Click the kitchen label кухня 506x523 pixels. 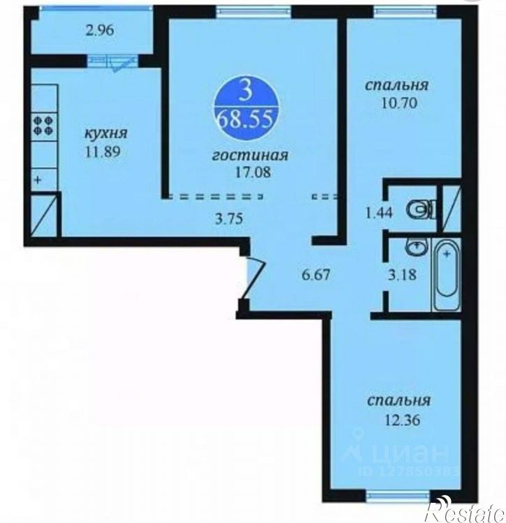click(x=106, y=134)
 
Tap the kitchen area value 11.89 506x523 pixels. click(x=103, y=152)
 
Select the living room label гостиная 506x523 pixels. click(x=250, y=156)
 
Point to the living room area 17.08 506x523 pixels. click(x=252, y=172)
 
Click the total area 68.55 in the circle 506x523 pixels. click(x=246, y=120)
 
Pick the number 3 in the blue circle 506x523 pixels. click(x=246, y=93)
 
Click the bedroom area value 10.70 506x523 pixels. click(x=399, y=103)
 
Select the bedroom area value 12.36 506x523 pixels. click(x=403, y=420)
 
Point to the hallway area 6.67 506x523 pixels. click(x=315, y=275)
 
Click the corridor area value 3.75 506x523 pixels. click(x=229, y=219)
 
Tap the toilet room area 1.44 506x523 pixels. click(x=379, y=213)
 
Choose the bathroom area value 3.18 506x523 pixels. click(x=403, y=275)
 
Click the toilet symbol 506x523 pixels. click(x=422, y=209)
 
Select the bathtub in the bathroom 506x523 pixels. click(x=447, y=274)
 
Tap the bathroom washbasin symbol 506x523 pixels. click(x=416, y=247)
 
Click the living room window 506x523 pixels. click(x=253, y=12)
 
